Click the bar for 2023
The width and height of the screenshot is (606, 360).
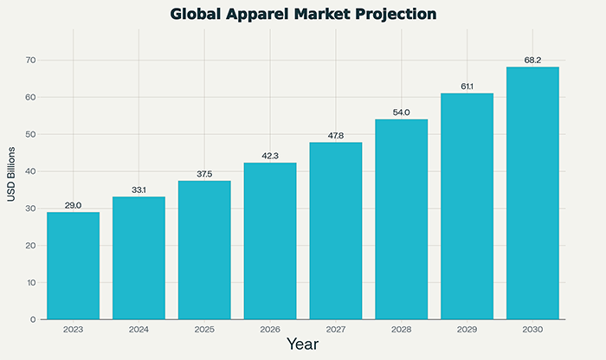[73, 266]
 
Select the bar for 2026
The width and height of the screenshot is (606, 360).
[270, 241]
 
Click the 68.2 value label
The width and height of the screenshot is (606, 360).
[532, 61]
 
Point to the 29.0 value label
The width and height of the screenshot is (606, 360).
[73, 205]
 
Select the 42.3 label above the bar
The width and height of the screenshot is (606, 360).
[270, 156]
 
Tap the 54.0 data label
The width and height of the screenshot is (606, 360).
[401, 112]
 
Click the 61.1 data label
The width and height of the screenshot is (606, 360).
[467, 87]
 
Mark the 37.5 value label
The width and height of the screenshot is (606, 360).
[204, 174]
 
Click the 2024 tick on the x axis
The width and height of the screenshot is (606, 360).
[139, 330]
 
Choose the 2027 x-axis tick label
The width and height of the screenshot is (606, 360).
[336, 330]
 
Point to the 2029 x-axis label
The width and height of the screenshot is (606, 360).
[467, 330]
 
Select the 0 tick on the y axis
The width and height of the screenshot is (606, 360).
[32, 319]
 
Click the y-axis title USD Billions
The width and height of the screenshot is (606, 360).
[11, 174]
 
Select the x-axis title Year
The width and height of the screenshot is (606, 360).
[302, 345]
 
